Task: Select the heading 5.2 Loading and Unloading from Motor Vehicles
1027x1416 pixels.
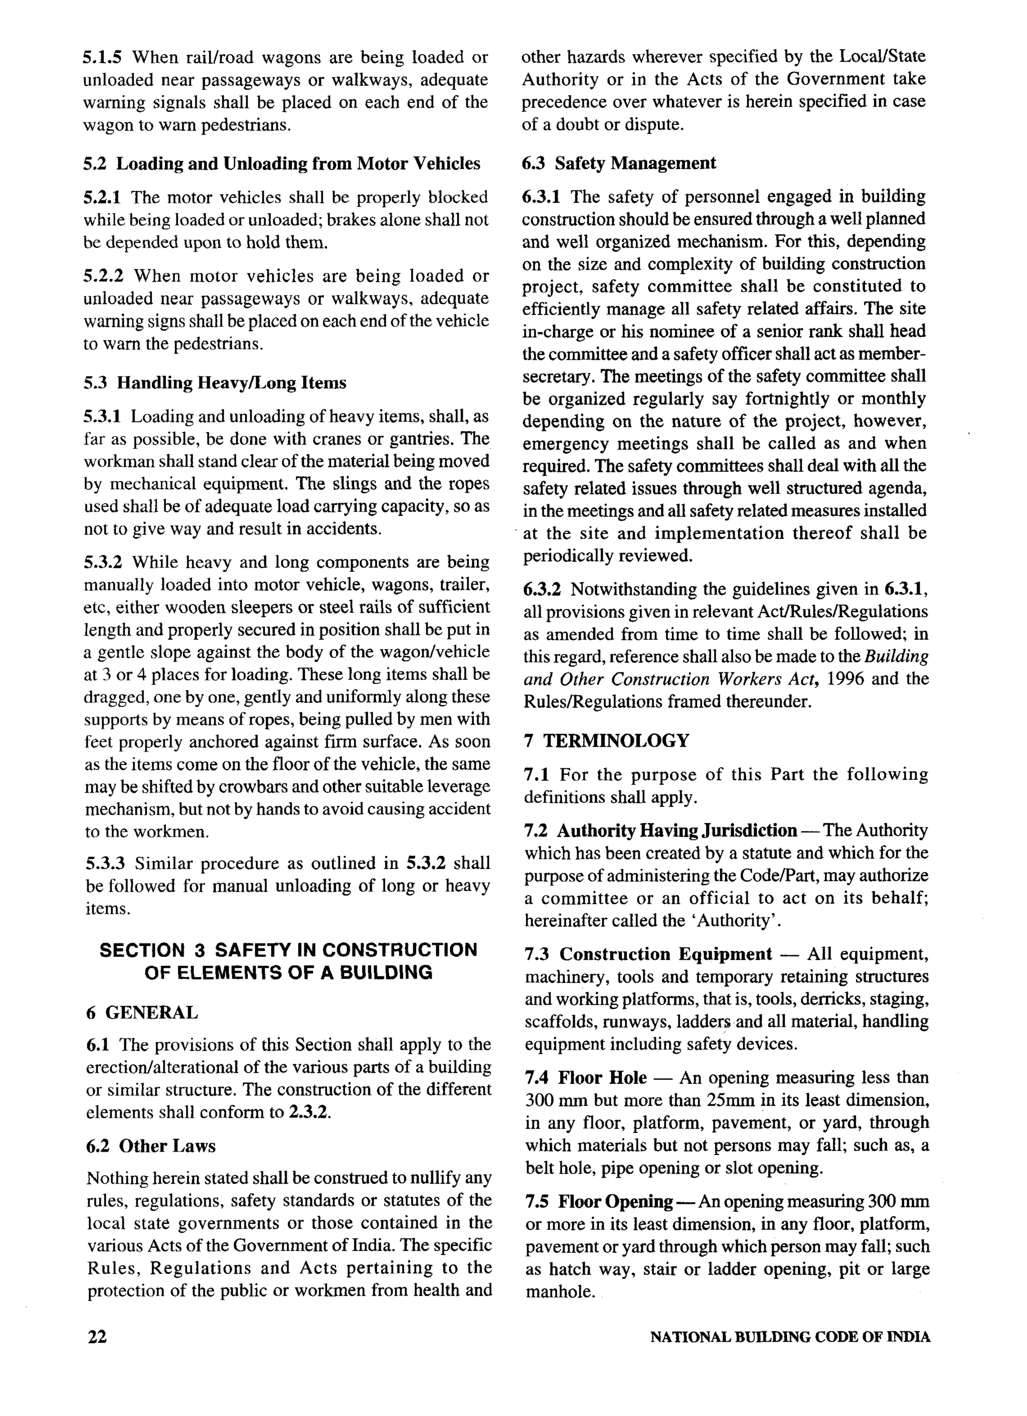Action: coord(282,164)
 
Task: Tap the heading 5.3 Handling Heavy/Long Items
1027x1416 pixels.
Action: coord(215,383)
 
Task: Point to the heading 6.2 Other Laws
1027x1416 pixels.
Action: coord(151,1146)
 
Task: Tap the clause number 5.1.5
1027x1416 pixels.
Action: coord(103,57)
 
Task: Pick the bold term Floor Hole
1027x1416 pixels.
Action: coord(602,1078)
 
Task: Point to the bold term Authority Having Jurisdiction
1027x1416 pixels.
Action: coord(676,830)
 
